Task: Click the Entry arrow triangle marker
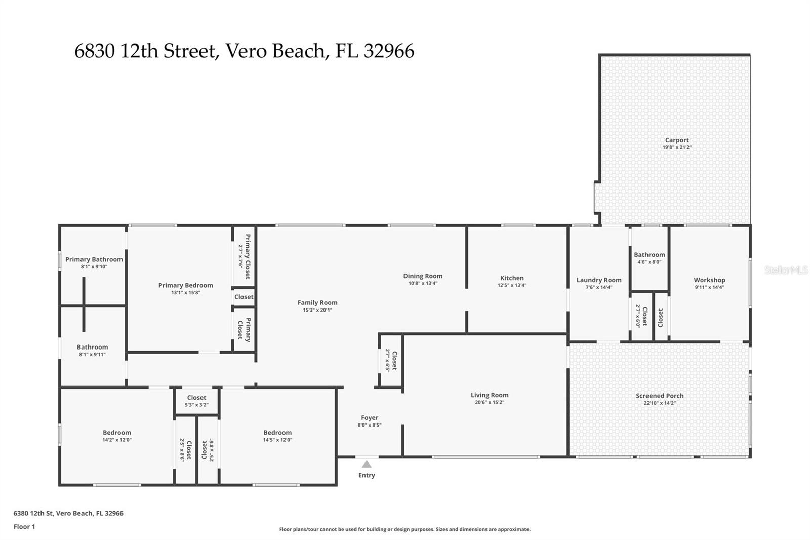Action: click(x=367, y=464)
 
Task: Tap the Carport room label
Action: click(x=677, y=140)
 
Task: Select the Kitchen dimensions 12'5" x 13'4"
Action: click(x=512, y=285)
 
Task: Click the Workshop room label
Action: click(x=709, y=280)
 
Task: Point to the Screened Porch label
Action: click(x=660, y=396)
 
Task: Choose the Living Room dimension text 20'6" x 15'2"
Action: click(x=489, y=402)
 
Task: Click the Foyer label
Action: click(x=369, y=418)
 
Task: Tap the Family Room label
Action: click(x=317, y=302)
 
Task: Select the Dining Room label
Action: click(x=423, y=276)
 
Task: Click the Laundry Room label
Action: click(x=599, y=280)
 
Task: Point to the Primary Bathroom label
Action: click(x=94, y=259)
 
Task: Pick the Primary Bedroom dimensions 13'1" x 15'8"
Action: click(x=185, y=292)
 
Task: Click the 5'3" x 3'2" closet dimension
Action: click(x=196, y=405)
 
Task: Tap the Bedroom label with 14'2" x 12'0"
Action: click(x=117, y=433)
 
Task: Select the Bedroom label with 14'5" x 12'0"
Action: click(x=277, y=433)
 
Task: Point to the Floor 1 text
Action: click(x=24, y=527)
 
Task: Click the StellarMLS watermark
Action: click(x=786, y=269)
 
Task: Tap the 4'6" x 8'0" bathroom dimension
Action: click(x=649, y=262)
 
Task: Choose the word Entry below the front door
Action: click(x=367, y=475)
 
